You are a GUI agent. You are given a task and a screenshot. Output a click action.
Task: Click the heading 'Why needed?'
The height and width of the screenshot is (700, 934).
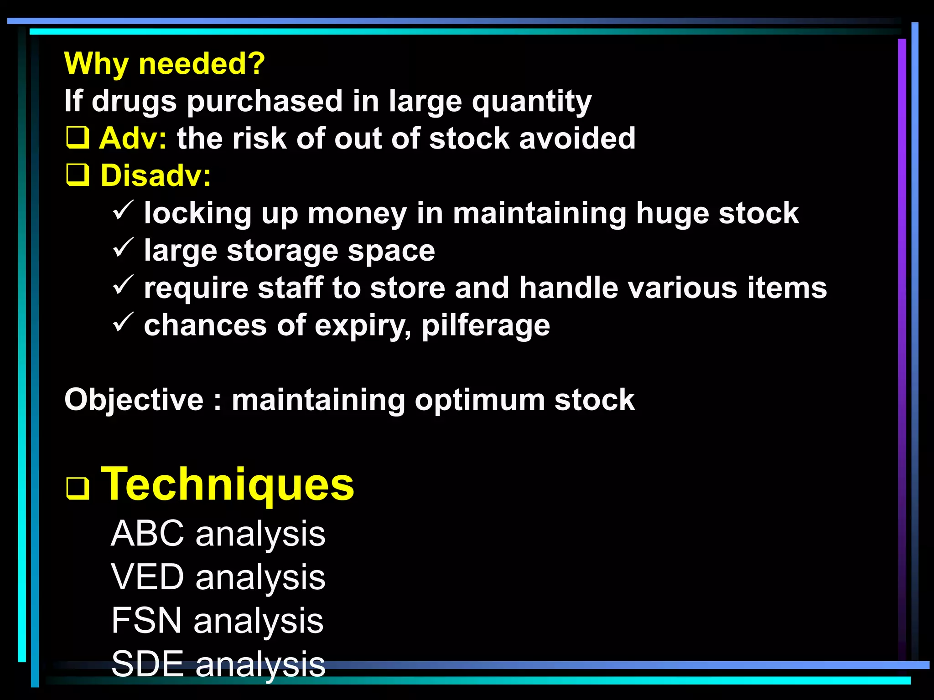(x=164, y=63)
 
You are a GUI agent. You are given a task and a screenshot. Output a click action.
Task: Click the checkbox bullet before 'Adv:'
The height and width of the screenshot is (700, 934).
(x=78, y=138)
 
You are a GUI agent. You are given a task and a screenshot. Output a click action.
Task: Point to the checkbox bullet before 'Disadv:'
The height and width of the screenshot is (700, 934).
(x=78, y=175)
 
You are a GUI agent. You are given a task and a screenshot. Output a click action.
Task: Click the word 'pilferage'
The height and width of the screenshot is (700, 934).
(x=486, y=326)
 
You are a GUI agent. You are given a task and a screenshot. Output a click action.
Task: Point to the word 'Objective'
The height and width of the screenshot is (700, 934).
(x=134, y=400)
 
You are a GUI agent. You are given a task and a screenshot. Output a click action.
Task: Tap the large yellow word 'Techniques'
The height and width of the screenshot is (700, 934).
(x=227, y=484)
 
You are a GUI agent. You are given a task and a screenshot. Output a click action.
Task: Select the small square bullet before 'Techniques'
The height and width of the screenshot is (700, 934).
(x=78, y=489)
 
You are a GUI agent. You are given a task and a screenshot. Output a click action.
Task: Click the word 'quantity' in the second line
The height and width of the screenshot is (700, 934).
(x=531, y=102)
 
